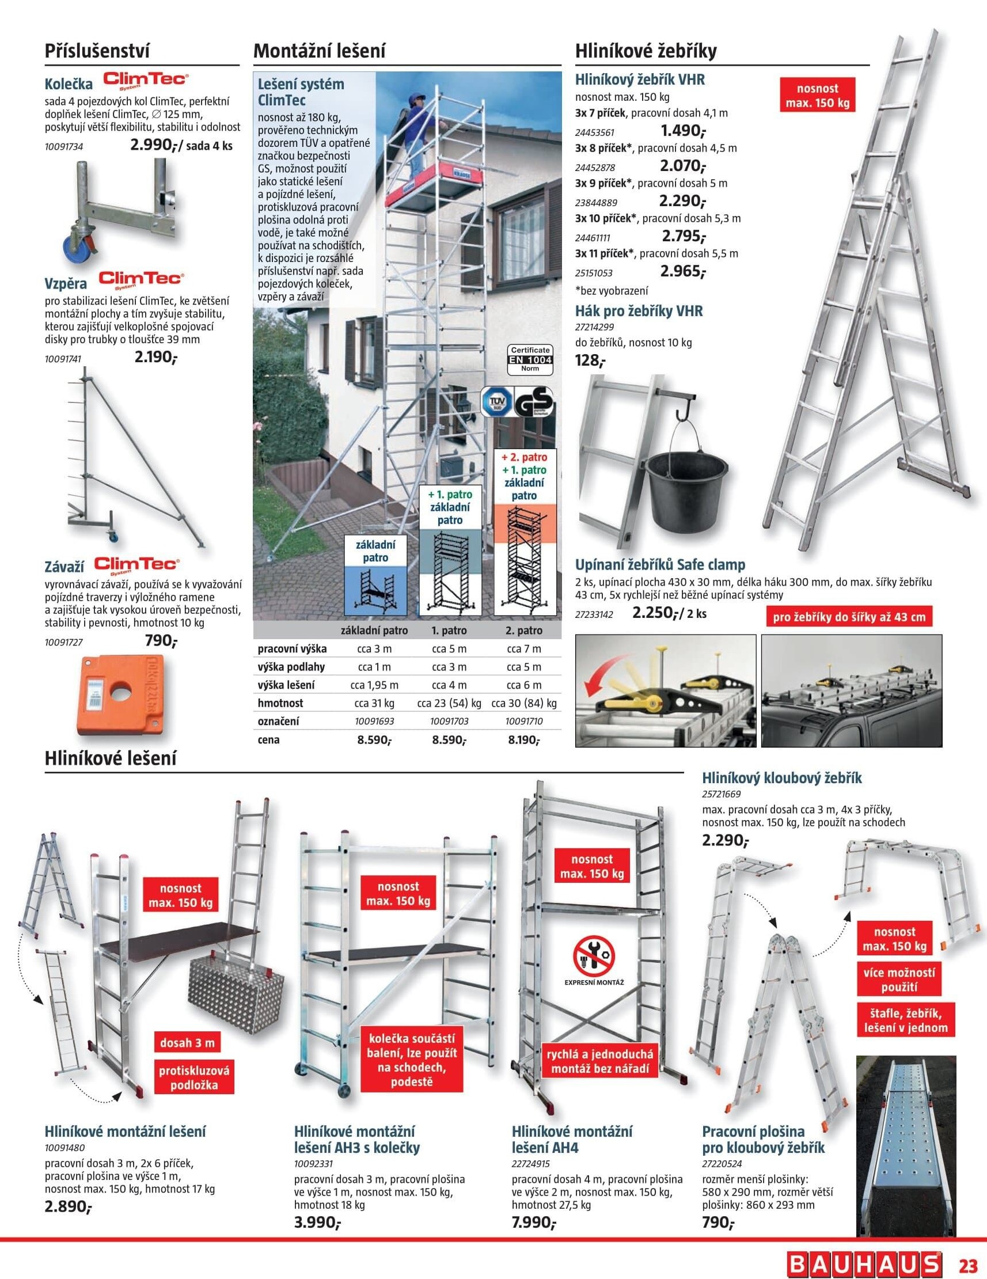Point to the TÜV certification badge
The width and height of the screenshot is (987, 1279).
[496, 401]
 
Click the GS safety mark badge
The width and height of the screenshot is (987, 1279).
[533, 402]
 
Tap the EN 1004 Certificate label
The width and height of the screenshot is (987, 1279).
[530, 359]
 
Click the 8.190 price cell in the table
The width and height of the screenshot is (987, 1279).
[522, 739]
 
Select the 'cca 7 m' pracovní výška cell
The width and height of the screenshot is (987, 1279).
[523, 648]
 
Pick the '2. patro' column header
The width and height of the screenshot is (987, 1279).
[523, 630]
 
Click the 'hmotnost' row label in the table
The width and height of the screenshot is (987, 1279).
[280, 703]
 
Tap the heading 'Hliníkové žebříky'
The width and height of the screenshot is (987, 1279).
[646, 51]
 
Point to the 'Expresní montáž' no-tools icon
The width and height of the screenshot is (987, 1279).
[593, 959]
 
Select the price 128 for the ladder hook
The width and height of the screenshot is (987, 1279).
[590, 360]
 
